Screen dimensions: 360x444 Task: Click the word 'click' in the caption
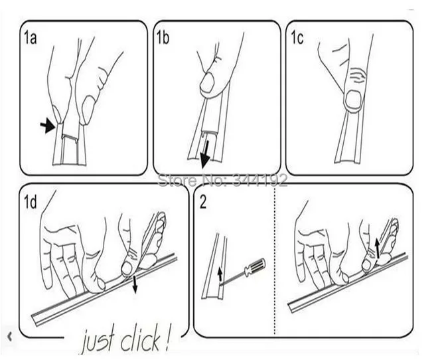(x=141, y=341)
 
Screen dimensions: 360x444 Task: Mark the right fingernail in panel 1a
(x=88, y=109)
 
